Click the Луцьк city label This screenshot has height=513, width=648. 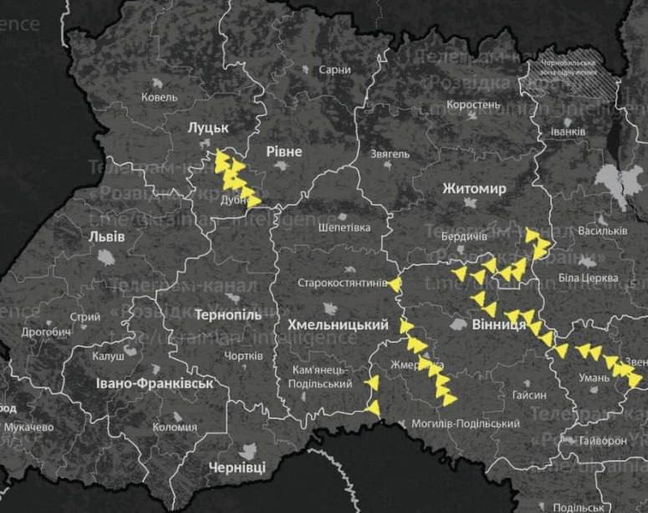[x=208, y=127]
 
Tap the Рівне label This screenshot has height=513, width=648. [x=283, y=150]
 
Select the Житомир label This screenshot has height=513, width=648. [x=474, y=189]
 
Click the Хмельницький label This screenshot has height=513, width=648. [x=337, y=324]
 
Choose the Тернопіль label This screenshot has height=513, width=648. [x=228, y=317]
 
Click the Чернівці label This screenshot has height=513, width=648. [x=237, y=467]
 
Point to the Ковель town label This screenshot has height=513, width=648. [x=160, y=98]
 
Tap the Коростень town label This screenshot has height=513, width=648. [x=473, y=105]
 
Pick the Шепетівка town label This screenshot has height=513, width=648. [x=343, y=226]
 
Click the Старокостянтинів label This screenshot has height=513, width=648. [x=343, y=283]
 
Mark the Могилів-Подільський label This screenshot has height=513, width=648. [x=465, y=424]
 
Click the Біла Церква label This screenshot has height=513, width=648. [x=588, y=277]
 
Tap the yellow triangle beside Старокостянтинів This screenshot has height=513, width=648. [x=395, y=285]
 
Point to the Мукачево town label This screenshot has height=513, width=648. [x=28, y=427]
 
